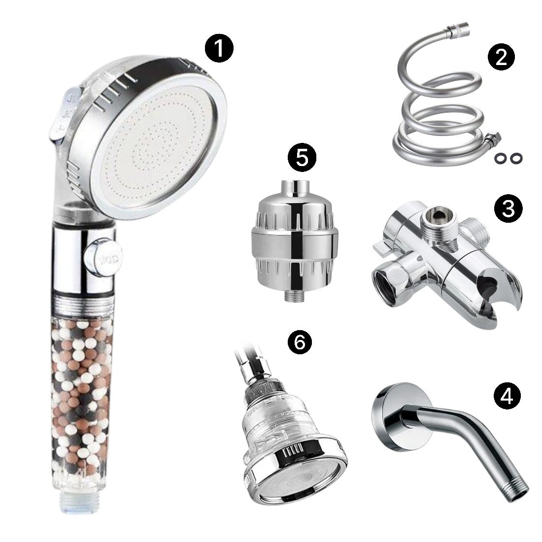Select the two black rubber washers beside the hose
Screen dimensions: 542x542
click(507, 159)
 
